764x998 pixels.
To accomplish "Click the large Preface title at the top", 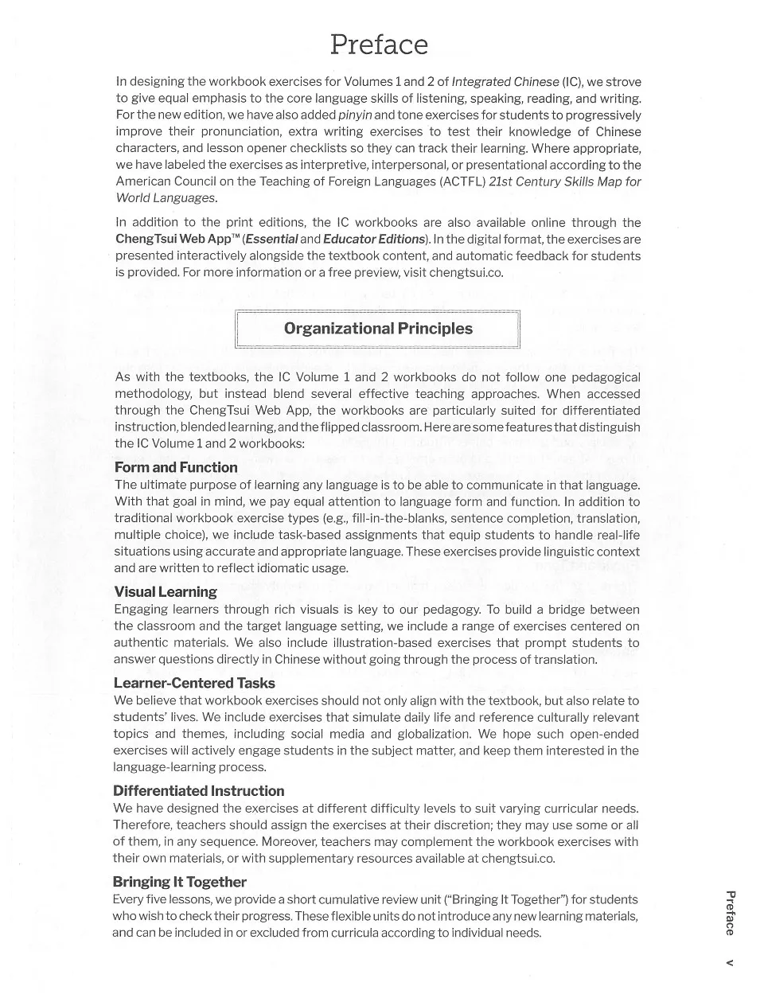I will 379,45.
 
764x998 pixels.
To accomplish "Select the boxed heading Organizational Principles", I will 378,329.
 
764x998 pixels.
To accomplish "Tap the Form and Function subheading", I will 176,467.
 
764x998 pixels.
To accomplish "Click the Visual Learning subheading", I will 166,591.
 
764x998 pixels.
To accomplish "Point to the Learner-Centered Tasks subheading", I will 194,683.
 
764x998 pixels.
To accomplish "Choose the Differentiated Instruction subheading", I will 198,790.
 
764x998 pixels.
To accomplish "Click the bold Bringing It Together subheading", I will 180,882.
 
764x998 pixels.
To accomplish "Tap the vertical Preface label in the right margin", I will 729,913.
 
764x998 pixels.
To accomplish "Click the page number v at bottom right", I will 729,963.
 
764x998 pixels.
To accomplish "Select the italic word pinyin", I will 355,115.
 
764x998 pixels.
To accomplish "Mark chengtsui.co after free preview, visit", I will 466,272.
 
